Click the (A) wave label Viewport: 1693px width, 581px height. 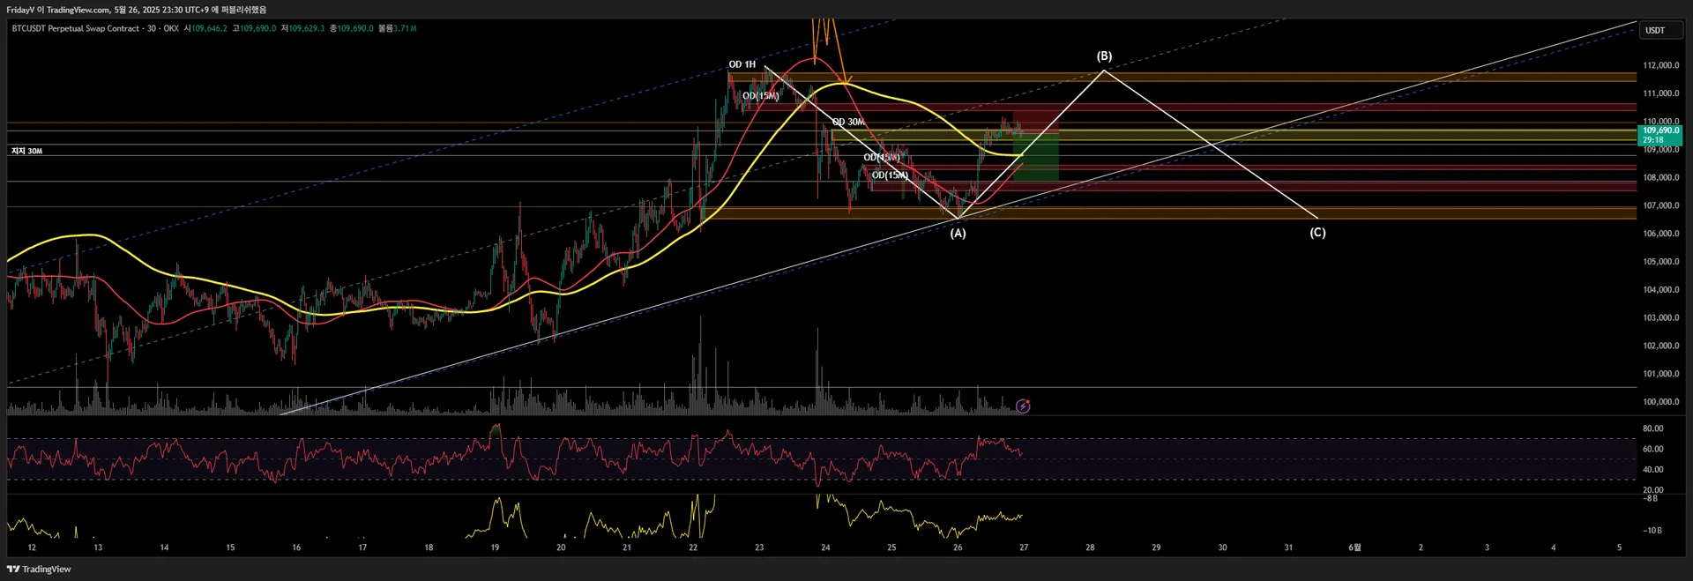coord(958,234)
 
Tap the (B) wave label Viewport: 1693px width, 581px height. coord(1104,56)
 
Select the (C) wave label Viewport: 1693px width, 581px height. coord(1316,233)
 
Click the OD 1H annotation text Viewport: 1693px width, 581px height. coord(742,64)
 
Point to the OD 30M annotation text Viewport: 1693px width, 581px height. coord(848,122)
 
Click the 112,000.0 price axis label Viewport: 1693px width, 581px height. coord(1660,65)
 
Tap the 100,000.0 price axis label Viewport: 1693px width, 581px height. coord(1660,402)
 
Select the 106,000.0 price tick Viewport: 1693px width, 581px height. coord(1660,234)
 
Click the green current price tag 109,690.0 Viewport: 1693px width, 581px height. coord(1660,130)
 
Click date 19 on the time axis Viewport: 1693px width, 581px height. coord(495,547)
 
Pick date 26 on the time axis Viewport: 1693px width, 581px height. coord(958,547)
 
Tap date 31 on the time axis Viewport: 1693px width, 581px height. coord(1288,547)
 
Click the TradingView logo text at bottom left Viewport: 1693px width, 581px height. coord(39,570)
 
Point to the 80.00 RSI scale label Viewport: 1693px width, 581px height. coord(1652,428)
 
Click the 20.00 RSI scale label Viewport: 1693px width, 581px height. coord(1652,489)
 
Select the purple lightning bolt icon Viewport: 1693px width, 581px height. coord(1023,406)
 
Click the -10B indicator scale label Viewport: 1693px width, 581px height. coord(1652,530)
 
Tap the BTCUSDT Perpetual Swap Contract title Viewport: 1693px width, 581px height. coord(76,28)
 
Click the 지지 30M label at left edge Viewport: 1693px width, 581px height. coord(26,152)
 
